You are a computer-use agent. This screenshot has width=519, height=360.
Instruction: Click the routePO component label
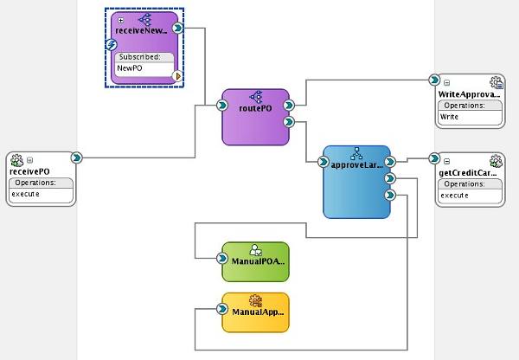(256, 110)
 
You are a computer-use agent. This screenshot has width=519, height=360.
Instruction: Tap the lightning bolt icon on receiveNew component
(112, 45)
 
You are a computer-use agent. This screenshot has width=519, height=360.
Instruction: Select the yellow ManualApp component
(255, 312)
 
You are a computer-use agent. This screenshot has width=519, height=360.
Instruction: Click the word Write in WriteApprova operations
(450, 116)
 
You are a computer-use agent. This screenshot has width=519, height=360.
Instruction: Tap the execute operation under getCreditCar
(455, 196)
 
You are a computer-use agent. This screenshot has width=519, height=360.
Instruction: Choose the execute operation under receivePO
(22, 195)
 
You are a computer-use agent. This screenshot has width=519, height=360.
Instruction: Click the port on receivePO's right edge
(77, 157)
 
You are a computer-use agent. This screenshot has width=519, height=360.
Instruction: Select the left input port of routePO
(222, 107)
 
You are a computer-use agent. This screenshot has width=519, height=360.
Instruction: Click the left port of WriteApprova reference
(434, 80)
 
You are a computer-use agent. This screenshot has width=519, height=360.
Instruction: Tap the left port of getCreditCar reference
(434, 159)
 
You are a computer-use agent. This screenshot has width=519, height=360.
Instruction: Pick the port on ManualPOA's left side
(222, 258)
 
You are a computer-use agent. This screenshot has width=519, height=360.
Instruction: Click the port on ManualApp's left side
(222, 308)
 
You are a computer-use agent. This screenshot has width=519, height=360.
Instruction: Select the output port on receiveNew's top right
(177, 28)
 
